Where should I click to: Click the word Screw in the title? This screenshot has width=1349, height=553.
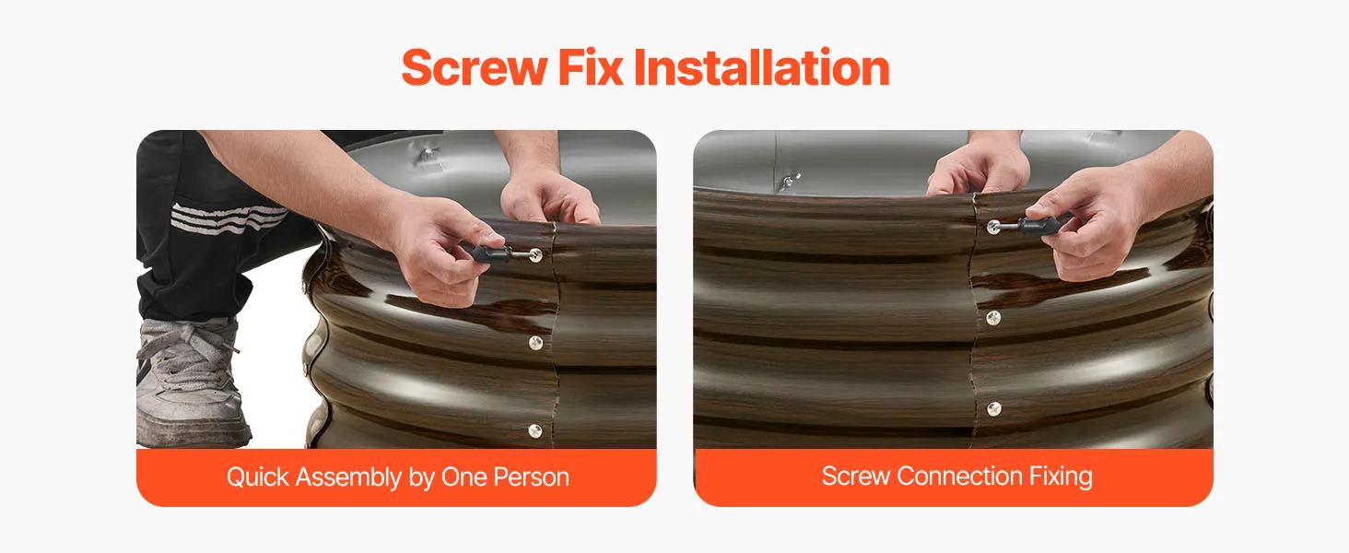coord(474,67)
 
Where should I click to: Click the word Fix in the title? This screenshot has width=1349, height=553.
coord(590,67)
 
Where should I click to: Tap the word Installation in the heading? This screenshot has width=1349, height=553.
coord(762,67)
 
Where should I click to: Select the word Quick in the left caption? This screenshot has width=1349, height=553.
coord(258,477)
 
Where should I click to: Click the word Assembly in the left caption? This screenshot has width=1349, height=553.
coord(348,477)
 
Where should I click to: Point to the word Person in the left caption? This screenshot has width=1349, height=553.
coord(531,477)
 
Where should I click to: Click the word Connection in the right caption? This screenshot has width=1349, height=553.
coord(959,476)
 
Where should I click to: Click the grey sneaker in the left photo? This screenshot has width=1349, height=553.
coord(190,382)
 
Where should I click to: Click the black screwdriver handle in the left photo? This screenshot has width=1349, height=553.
coord(491,253)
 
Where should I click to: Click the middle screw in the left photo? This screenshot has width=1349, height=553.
coord(535,343)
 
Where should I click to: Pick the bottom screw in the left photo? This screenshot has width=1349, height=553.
coord(534,430)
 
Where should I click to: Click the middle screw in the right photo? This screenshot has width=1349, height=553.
coord(993,317)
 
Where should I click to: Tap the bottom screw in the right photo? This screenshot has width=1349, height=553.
coord(994,409)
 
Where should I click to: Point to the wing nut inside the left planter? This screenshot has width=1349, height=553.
coord(428,155)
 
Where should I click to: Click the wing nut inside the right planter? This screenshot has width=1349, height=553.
coord(790,180)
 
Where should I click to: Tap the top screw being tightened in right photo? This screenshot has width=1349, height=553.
coord(993,227)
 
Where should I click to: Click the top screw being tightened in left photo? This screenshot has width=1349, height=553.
coord(535,255)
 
